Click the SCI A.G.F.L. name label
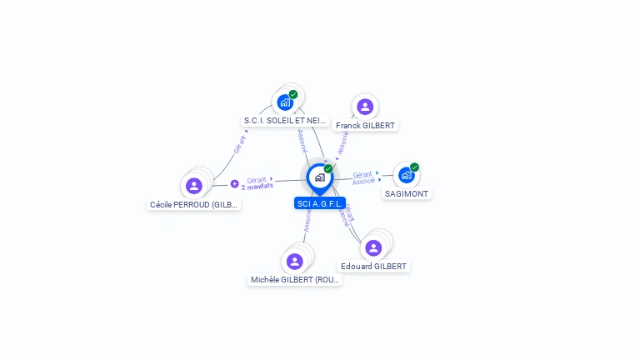pos(320,203)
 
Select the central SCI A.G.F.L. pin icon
pos(319,177)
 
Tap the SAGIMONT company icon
pos(406,175)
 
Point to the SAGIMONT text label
pos(407,193)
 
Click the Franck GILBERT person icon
pos(364,107)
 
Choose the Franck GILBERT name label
pos(366,125)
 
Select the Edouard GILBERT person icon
pos(373,247)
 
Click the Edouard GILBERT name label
pos(374,266)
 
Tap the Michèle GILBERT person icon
pos(294,261)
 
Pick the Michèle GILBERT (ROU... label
pos(296,280)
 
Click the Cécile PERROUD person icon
pos(194,185)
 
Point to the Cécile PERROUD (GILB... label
pos(194,204)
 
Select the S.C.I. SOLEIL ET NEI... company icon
pos(285,102)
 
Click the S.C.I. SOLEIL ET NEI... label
pos(286,121)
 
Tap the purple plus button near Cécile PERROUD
pos(234,183)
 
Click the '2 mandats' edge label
pos(257,187)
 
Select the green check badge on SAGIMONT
pos(414,167)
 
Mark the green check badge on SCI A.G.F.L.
pos(328,169)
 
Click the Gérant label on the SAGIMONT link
pos(362,174)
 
